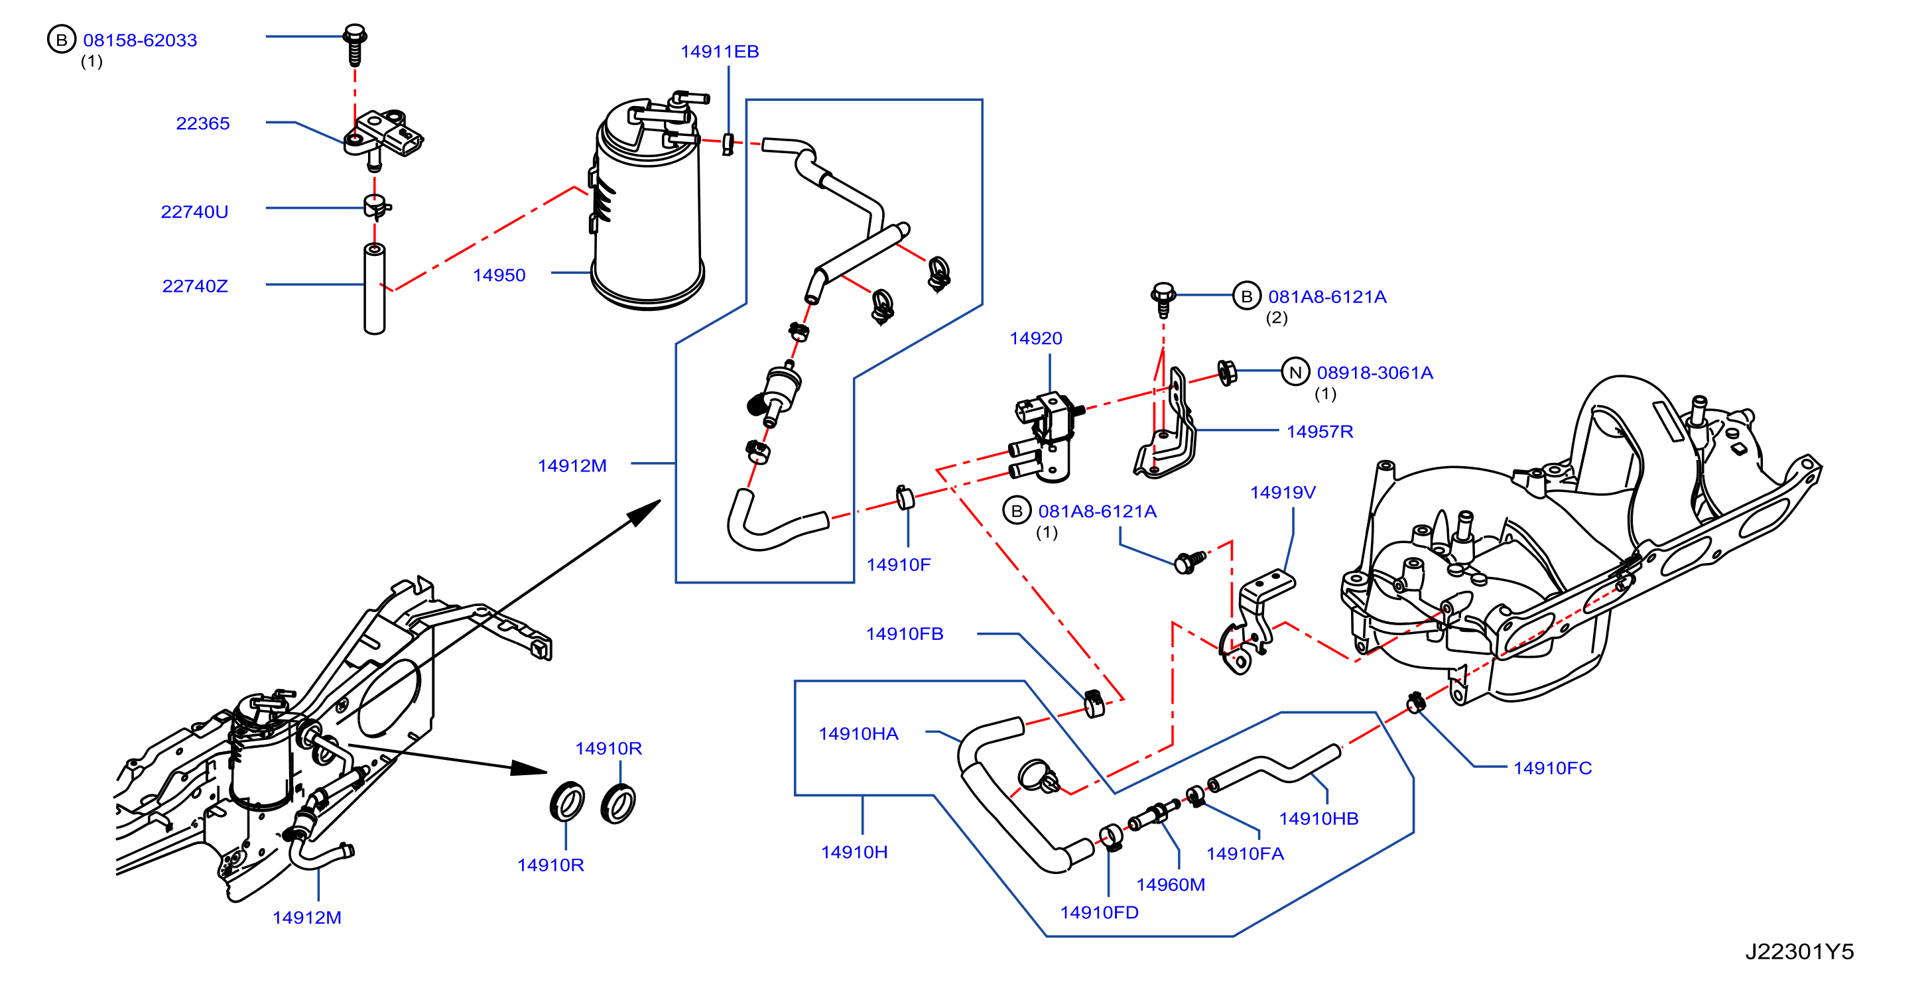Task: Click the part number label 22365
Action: click(x=203, y=123)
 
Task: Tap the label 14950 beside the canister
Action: click(x=499, y=275)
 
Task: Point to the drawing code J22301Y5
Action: click(x=1799, y=951)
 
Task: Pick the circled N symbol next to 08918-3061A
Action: click(x=1295, y=371)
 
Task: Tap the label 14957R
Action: click(x=1320, y=432)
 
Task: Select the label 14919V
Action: click(x=1283, y=493)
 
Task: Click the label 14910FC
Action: click(x=1552, y=768)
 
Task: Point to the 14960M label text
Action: click(x=1171, y=885)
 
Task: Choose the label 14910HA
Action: click(x=858, y=733)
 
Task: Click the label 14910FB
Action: click(x=904, y=634)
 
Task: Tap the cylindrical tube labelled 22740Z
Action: click(x=374, y=288)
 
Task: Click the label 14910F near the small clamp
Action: click(x=898, y=565)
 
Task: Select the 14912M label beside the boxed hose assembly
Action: click(x=572, y=465)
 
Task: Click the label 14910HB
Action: click(x=1318, y=819)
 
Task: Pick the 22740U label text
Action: click(x=194, y=212)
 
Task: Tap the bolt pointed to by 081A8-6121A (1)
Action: click(x=1189, y=561)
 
